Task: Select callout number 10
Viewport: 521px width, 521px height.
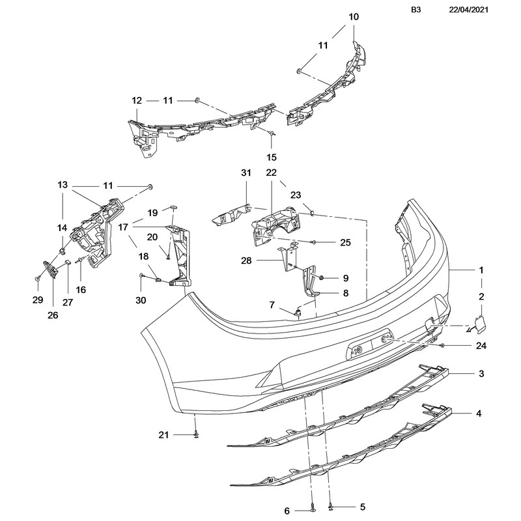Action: (x=354, y=17)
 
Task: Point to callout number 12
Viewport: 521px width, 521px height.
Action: (x=137, y=101)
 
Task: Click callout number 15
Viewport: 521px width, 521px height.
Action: (x=272, y=157)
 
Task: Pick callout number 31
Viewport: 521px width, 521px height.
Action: (x=246, y=173)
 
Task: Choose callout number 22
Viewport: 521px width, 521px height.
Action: (x=271, y=173)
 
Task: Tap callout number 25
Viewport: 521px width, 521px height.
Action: (x=345, y=242)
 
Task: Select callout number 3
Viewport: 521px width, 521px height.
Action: (x=481, y=374)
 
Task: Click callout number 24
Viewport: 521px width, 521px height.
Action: (x=481, y=346)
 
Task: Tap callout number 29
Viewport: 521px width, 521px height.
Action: (x=37, y=300)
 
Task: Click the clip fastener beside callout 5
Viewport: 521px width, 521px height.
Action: (x=331, y=506)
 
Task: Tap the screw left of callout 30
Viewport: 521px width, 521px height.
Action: (x=142, y=276)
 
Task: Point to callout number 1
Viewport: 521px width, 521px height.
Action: (x=481, y=270)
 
